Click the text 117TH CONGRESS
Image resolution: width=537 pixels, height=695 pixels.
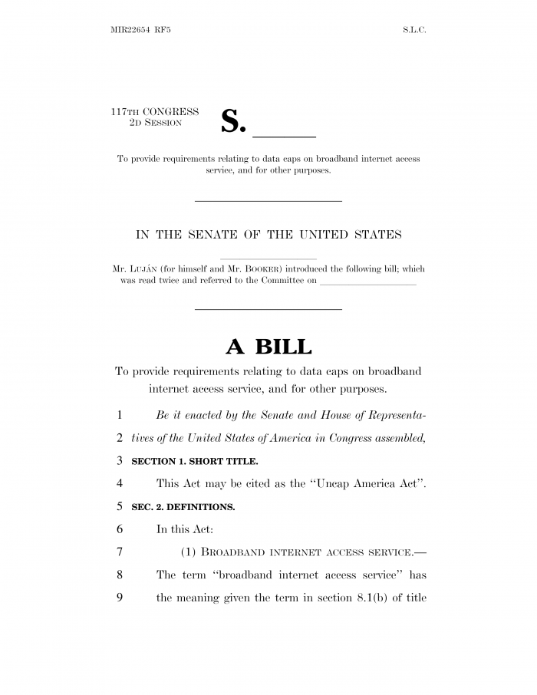(155, 112)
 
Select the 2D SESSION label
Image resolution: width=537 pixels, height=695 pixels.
(154, 123)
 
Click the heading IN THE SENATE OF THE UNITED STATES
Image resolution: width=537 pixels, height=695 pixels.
(268, 235)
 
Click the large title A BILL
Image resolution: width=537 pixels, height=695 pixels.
(268, 347)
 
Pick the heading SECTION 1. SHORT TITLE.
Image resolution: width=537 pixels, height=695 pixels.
(195, 461)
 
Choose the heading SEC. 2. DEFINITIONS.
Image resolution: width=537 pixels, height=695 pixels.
(183, 507)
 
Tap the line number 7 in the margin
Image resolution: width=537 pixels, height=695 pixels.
(120, 552)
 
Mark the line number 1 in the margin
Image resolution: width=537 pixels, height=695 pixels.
(120, 415)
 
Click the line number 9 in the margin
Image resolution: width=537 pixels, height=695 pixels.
(120, 598)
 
